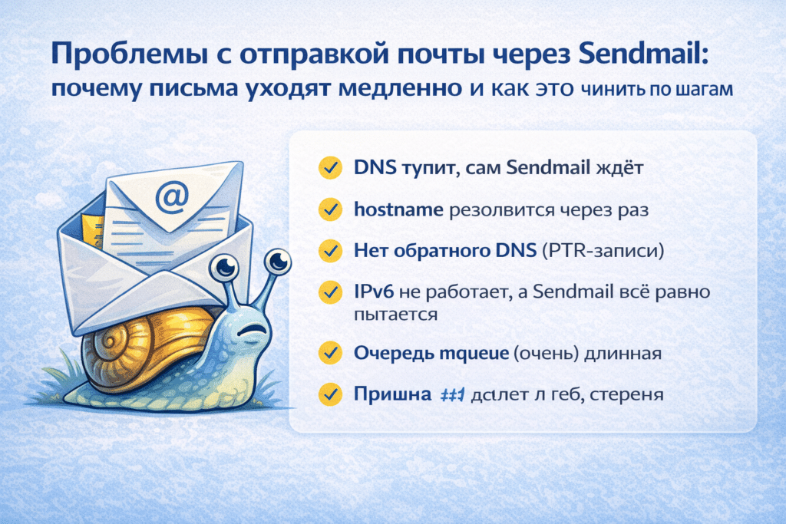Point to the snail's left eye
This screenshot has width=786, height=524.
(226, 267)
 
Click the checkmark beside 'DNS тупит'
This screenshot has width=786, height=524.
(329, 168)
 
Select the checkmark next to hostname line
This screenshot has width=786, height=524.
(329, 209)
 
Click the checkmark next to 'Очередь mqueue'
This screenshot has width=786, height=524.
(329, 353)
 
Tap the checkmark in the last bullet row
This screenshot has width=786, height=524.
(329, 394)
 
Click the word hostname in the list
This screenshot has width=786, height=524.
(398, 209)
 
